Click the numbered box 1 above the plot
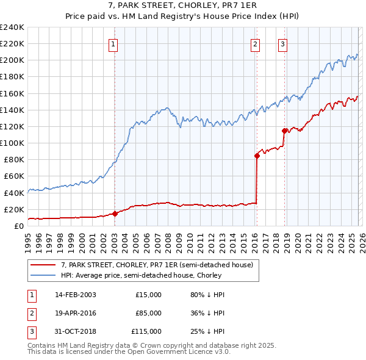[x=114, y=43]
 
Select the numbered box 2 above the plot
[x=254, y=43]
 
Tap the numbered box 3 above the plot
[x=283, y=43]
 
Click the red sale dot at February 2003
[x=115, y=214]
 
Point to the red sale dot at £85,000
[x=257, y=156]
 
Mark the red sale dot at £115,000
[x=284, y=131]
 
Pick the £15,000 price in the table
[x=148, y=295]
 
